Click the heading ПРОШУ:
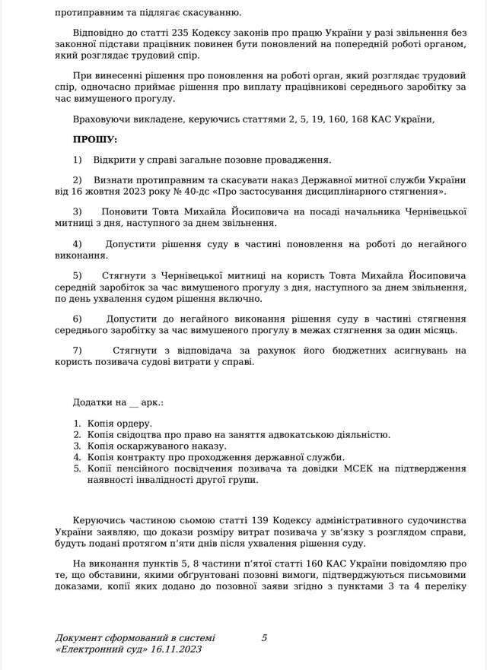click(x=95, y=140)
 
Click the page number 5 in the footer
click(x=264, y=638)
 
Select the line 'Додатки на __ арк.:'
click(x=118, y=402)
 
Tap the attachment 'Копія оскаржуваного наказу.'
click(x=157, y=446)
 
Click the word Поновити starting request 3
click(x=123, y=211)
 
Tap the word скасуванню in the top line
click(x=213, y=13)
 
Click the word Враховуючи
click(x=102, y=119)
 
